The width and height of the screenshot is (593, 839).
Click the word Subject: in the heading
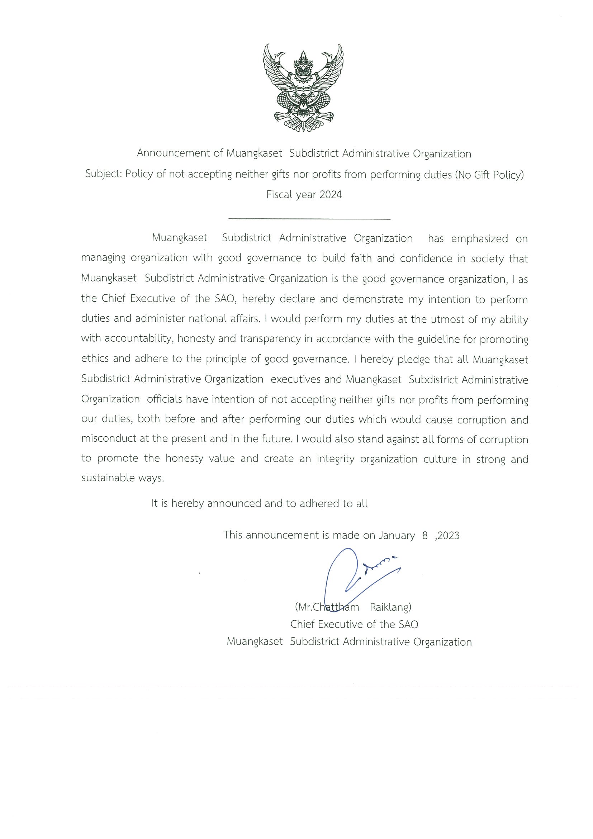pos(104,174)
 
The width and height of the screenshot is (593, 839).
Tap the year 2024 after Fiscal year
pos(331,194)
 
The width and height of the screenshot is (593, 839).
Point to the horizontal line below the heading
pos(309,219)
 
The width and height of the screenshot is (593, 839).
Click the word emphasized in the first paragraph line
pos(479,239)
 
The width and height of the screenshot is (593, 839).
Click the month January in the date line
pos(397,535)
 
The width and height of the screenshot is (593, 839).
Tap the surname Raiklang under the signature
pos(390,607)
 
